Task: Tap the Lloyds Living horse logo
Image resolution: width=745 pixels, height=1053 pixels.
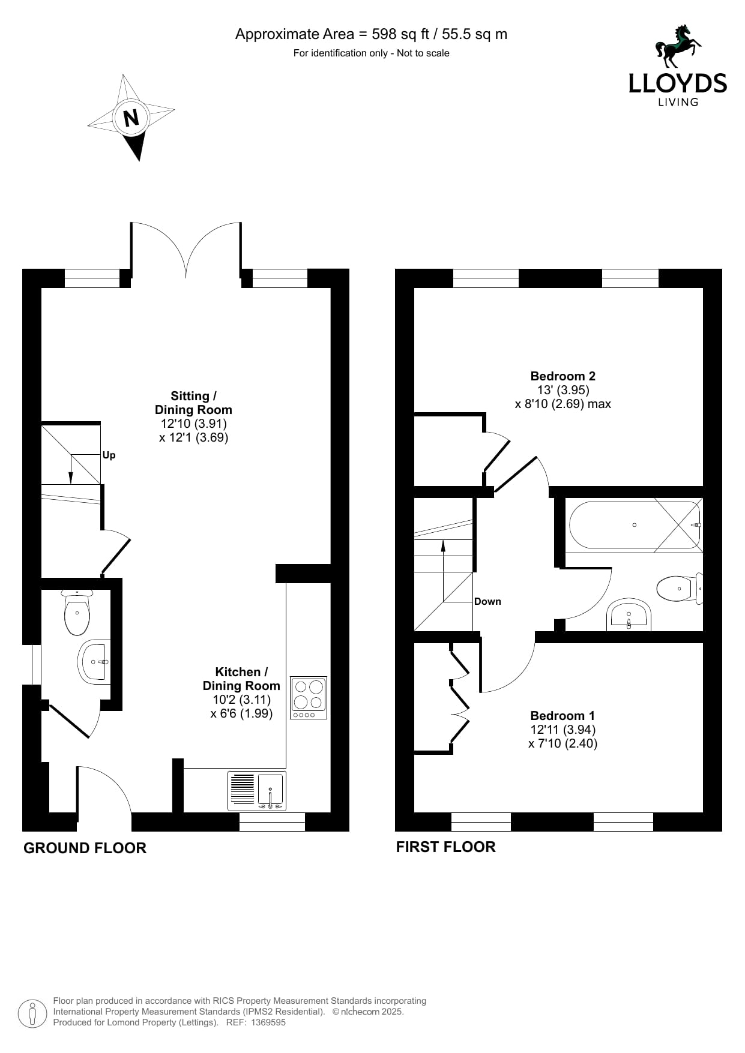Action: pyautogui.click(x=678, y=46)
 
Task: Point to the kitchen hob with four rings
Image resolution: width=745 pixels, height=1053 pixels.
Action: pyautogui.click(x=309, y=698)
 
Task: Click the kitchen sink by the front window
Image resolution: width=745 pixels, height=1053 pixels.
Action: pyautogui.click(x=258, y=791)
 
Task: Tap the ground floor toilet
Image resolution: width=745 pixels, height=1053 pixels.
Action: pyautogui.click(x=77, y=613)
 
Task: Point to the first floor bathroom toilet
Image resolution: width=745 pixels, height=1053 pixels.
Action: pyautogui.click(x=680, y=589)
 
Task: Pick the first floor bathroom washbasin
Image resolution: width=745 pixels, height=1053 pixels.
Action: pyautogui.click(x=629, y=614)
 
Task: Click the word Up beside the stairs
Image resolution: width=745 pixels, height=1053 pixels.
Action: pyautogui.click(x=109, y=455)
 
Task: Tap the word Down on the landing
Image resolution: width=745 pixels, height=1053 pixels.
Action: pyautogui.click(x=487, y=601)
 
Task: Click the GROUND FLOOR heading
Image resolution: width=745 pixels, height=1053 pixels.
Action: pyautogui.click(x=85, y=848)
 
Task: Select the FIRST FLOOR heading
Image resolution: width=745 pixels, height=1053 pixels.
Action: pyautogui.click(x=445, y=847)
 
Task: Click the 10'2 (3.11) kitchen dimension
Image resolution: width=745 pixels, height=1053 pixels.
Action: pyautogui.click(x=241, y=700)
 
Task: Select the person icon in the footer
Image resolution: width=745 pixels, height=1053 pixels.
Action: pyautogui.click(x=32, y=1013)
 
